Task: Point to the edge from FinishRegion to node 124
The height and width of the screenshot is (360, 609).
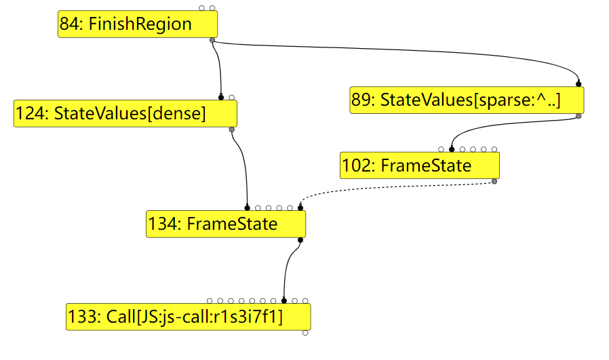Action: pos(220,68)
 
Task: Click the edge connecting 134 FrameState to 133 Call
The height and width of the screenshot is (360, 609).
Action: pos(288,268)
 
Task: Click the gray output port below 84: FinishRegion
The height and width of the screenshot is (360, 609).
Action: pos(212,41)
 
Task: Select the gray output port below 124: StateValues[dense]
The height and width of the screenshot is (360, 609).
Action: pos(232,129)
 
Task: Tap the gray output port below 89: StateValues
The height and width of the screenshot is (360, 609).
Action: pos(578,116)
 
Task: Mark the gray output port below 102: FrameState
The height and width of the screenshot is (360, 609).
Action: pos(494,181)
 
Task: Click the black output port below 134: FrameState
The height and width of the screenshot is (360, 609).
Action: pos(300,239)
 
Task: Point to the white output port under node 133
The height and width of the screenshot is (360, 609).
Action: pos(305,333)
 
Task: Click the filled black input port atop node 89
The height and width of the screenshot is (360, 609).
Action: pos(578,84)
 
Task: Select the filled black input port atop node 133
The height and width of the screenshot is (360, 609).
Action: pos(284,300)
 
